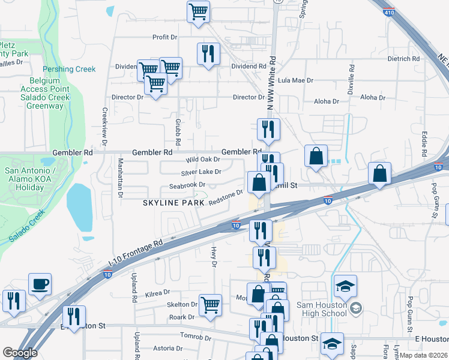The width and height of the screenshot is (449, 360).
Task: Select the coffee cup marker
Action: click(x=40, y=284)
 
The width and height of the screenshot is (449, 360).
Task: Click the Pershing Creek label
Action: click(x=69, y=69)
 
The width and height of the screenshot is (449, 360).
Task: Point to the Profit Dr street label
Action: click(x=165, y=37)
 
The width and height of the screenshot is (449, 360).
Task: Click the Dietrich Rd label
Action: click(x=403, y=59)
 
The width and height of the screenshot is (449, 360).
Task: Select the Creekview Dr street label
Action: click(x=104, y=127)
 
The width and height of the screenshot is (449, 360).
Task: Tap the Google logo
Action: click(x=20, y=353)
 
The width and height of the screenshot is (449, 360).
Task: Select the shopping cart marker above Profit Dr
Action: click(x=198, y=11)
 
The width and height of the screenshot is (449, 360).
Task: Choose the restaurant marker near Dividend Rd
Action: click(x=208, y=54)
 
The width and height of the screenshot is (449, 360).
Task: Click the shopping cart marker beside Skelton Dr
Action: click(x=210, y=305)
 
